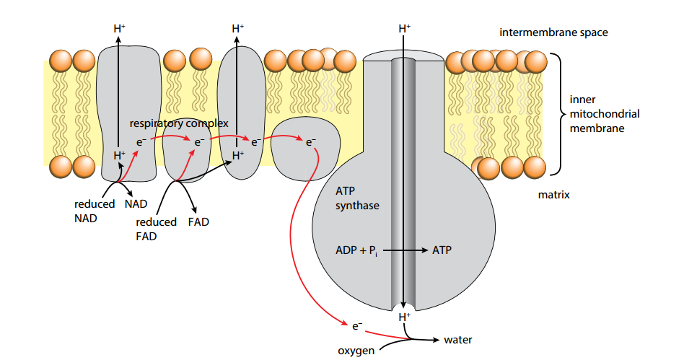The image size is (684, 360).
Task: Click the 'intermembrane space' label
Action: coord(553,32)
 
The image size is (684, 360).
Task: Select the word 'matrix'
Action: coord(554,195)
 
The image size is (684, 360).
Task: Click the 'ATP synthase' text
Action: coord(357,198)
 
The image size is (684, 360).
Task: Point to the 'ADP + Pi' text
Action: coord(357,250)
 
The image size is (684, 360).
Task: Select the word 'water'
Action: coord(458,339)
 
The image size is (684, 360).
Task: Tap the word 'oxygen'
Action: coord(356,351)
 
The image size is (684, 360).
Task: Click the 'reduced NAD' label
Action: coord(95,211)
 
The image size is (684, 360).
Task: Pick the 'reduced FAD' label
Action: coord(156,229)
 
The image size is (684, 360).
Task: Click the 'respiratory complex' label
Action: coord(179,123)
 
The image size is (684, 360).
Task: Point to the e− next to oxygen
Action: coord(356,327)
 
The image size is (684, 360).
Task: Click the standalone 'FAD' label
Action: coord(198,221)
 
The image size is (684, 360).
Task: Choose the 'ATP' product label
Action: coord(442,250)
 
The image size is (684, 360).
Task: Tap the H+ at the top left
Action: coord(120,28)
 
